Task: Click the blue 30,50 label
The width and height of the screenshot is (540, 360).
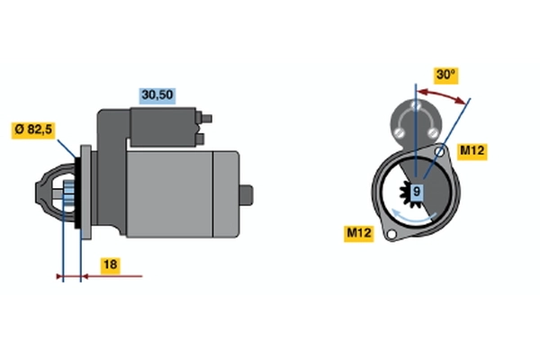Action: (157, 93)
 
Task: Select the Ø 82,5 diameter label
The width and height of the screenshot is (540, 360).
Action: (34, 130)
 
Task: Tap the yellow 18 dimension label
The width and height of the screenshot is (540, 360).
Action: (108, 265)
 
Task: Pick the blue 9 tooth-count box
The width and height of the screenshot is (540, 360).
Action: (418, 191)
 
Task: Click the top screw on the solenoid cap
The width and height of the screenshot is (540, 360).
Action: (417, 106)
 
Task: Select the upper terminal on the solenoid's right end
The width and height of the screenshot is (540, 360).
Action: (210, 117)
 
